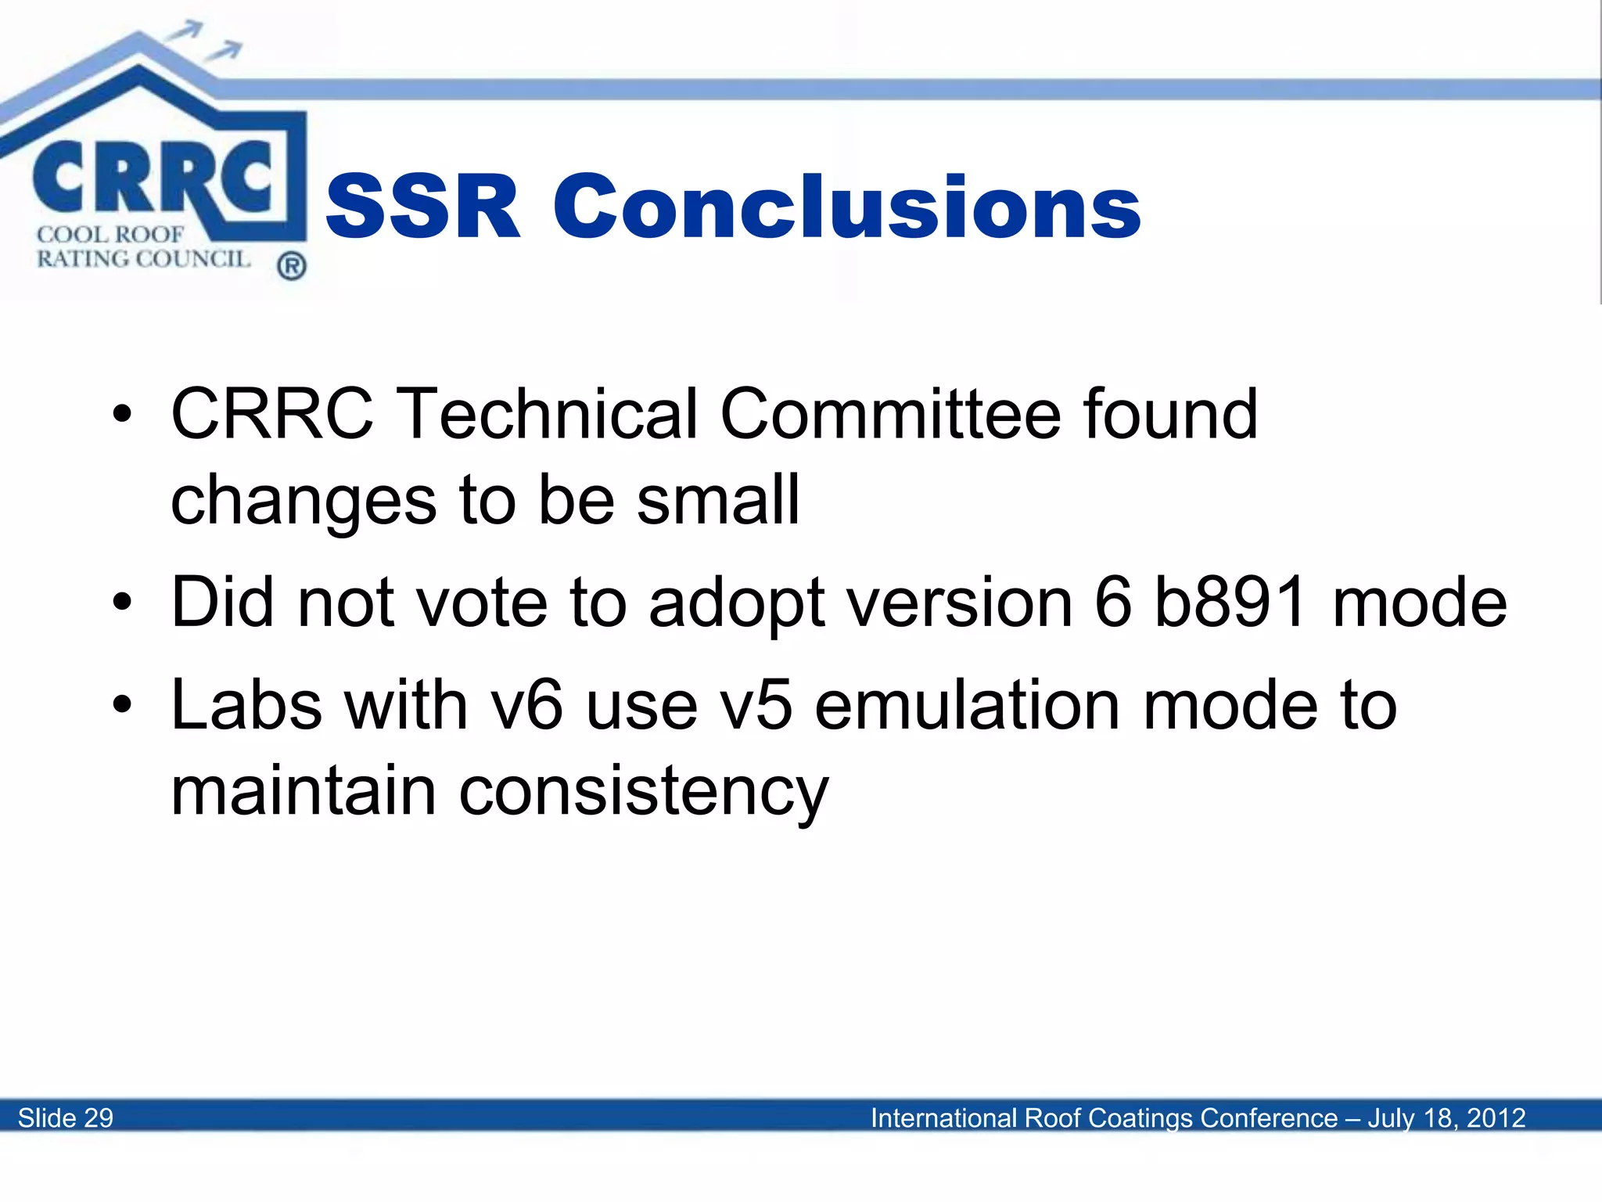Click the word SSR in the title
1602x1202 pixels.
(x=423, y=207)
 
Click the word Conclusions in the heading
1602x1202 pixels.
(x=847, y=207)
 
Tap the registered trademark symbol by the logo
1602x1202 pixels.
(x=291, y=267)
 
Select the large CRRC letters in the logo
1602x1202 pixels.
(x=153, y=178)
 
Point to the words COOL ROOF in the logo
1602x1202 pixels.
(x=110, y=234)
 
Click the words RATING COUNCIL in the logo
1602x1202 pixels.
(x=143, y=259)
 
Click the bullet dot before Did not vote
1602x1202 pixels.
(x=122, y=602)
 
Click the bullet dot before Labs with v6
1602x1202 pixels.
(x=122, y=704)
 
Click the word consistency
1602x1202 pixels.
(x=643, y=792)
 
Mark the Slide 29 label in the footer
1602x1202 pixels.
(x=66, y=1117)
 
